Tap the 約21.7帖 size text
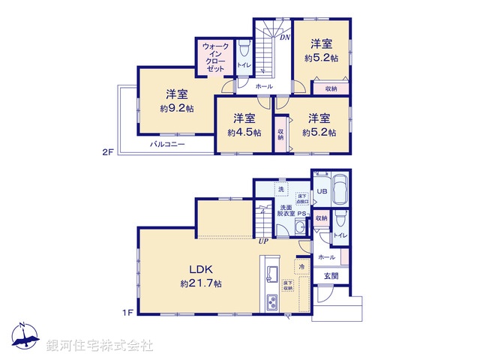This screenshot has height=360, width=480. [x=200, y=283]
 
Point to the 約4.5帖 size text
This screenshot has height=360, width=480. [x=244, y=132]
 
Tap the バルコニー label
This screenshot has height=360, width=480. [x=166, y=143]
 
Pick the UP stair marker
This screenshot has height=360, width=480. [x=263, y=241]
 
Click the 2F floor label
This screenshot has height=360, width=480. [x=108, y=152]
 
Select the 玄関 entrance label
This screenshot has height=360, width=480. [x=331, y=276]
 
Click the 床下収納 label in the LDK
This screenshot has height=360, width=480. [x=287, y=286]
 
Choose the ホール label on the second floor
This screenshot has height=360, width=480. [x=263, y=87]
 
